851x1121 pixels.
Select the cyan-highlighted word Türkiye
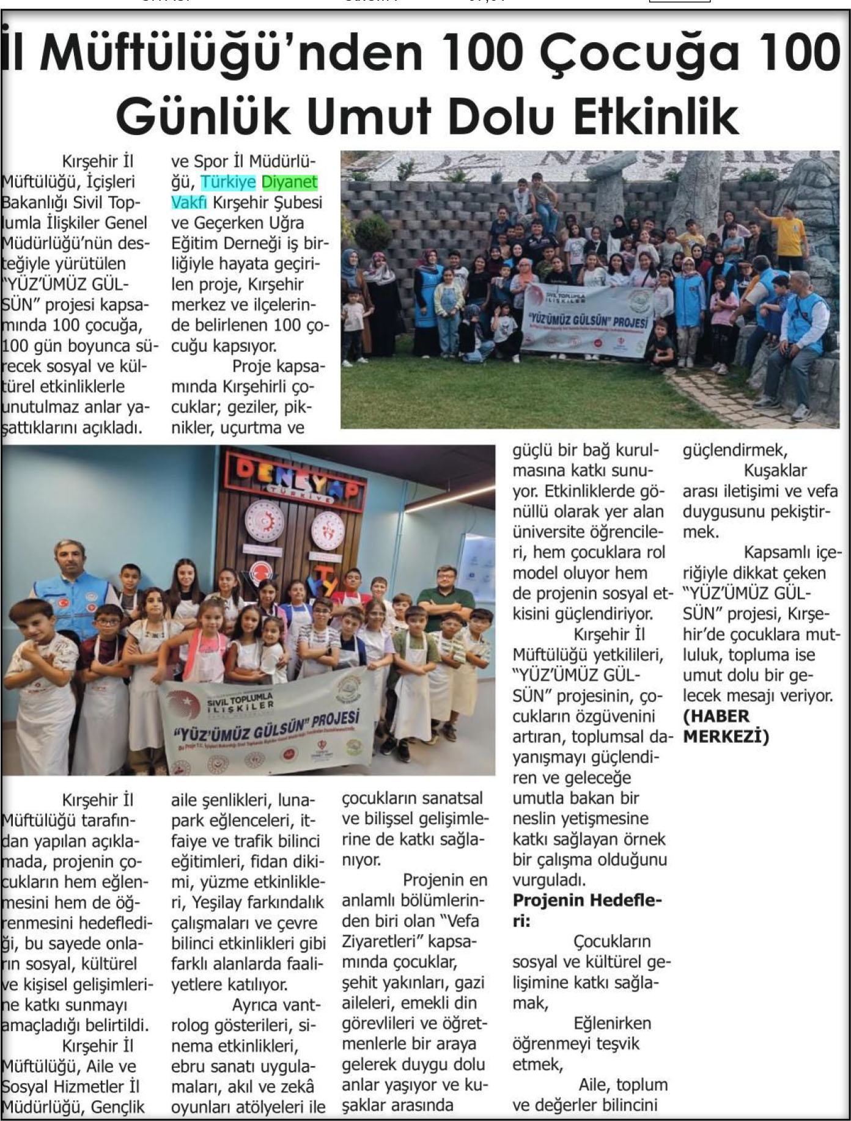click(228, 182)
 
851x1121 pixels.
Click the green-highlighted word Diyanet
click(290, 182)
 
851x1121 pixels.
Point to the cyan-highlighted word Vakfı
click(189, 202)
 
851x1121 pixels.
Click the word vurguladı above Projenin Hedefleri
click(549, 880)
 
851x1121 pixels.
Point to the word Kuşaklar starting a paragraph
click(775, 470)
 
